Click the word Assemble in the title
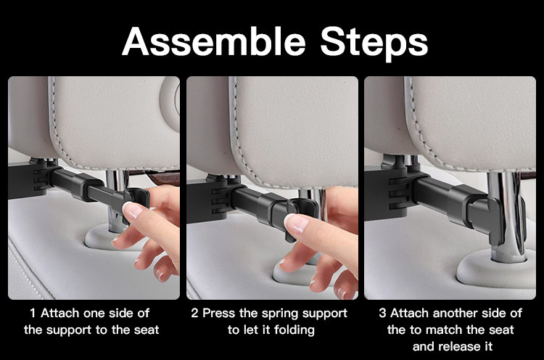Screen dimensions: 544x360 pyautogui.click(x=214, y=41)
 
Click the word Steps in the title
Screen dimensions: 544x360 pyautogui.click(x=374, y=44)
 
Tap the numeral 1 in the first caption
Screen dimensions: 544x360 pyautogui.click(x=33, y=313)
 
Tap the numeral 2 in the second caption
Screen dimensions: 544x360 pyautogui.click(x=194, y=313)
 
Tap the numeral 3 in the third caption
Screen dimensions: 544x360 pyautogui.click(x=382, y=313)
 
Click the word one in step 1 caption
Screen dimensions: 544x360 pyautogui.click(x=94, y=314)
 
